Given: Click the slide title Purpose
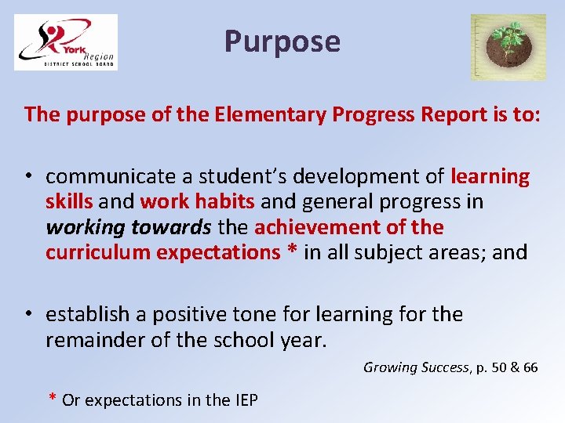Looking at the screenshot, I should pyautogui.click(x=282, y=41).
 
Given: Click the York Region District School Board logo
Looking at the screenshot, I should pyautogui.click(x=66, y=42).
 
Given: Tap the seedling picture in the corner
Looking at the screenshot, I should pyautogui.click(x=508, y=47).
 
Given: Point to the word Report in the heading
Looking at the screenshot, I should pyautogui.click(x=416, y=114).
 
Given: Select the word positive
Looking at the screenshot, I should pyautogui.click(x=195, y=315).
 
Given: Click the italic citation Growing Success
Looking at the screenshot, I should pyautogui.click(x=415, y=367).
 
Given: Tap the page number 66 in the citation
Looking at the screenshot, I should pyautogui.click(x=530, y=367).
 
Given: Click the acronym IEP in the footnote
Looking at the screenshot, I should pyautogui.click(x=244, y=400).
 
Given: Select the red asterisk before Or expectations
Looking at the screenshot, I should pyautogui.click(x=53, y=399).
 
